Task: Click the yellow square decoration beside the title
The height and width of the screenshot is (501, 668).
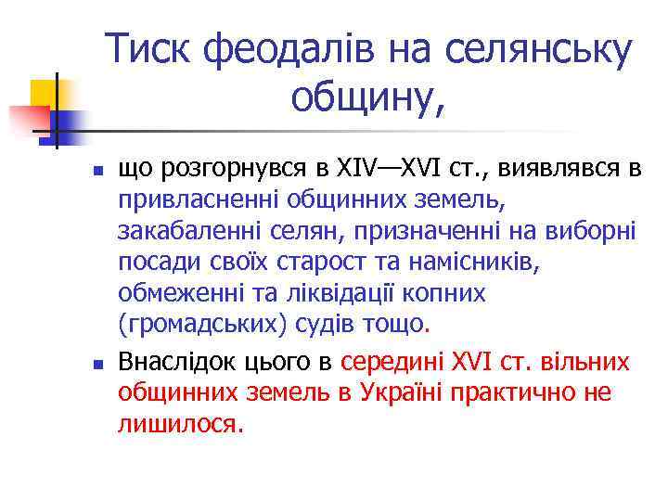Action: (x=44, y=93)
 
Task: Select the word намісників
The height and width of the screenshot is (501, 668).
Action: (x=465, y=263)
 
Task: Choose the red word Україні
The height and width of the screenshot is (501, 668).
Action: (x=395, y=392)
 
